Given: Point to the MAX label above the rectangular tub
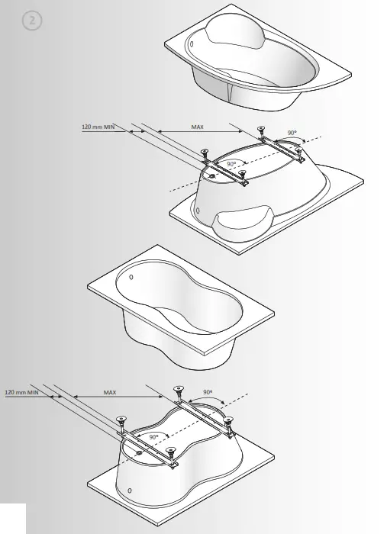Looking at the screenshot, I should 111,392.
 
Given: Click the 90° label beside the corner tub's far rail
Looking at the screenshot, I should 292,133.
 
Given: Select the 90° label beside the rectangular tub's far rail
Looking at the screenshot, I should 207,391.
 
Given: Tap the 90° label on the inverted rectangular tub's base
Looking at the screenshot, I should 154,437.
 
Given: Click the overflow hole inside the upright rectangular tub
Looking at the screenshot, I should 132,276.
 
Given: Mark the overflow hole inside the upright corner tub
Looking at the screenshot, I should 191,43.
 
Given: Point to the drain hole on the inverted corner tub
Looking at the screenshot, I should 211,174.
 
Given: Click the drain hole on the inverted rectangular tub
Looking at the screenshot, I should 139,453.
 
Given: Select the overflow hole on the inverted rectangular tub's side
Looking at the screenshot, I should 129,489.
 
